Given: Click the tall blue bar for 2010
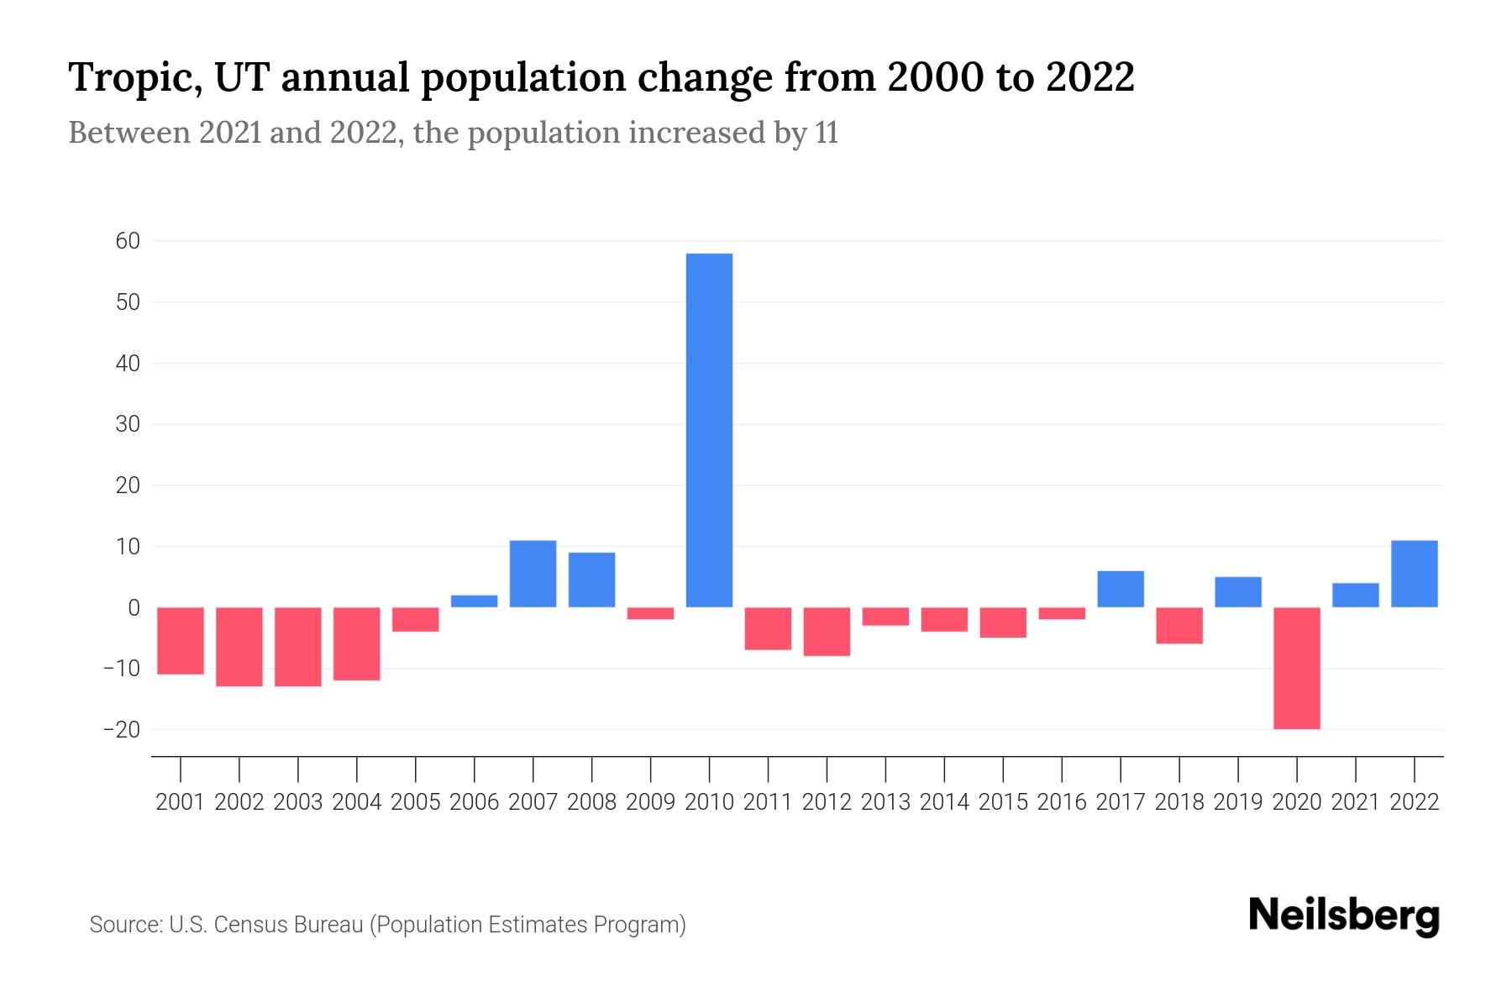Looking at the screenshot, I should (709, 430).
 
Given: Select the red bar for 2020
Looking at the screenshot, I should (1297, 668).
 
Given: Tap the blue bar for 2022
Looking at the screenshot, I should (1415, 574).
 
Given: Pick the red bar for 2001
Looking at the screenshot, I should (181, 640).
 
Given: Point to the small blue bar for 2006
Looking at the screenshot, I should (475, 601).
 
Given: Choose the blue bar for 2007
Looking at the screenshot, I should (533, 574).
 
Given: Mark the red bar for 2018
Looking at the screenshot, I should (1179, 625).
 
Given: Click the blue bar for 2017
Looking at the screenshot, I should (1121, 589).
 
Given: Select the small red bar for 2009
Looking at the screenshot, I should (651, 613).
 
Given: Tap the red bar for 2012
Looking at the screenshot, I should (827, 631).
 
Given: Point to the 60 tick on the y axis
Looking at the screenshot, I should (128, 241).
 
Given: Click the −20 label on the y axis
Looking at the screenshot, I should (122, 729).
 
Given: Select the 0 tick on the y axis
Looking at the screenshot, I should (134, 607).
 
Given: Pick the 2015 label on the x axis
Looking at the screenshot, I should (1003, 802).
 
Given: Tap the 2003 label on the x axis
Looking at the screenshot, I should (298, 802).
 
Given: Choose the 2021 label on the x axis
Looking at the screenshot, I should (1356, 802).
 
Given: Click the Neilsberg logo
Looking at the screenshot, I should (1344, 916).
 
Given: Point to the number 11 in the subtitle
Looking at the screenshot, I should (826, 134).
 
